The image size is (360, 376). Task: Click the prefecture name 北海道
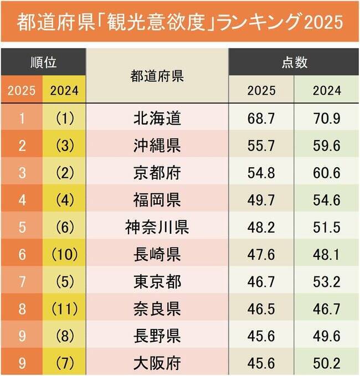157,118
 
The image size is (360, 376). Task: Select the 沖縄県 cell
157,145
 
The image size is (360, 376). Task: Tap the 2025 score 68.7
261,118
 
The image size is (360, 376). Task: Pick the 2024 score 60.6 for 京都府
327,172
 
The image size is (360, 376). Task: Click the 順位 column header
44,61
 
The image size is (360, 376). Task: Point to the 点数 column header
294,61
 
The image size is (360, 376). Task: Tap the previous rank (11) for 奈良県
64,308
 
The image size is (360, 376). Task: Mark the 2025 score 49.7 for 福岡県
261,199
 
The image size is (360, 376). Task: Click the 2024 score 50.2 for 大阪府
327,363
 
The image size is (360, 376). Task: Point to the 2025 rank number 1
22,118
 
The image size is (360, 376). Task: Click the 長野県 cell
157,336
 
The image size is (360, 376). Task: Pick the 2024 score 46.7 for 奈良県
327,308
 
